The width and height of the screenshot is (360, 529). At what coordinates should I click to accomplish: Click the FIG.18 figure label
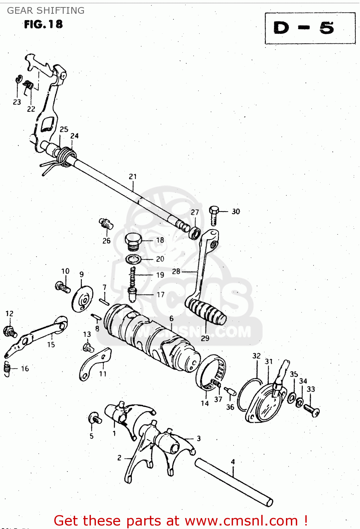43,24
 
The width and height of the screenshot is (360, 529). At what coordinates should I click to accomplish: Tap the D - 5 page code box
310,28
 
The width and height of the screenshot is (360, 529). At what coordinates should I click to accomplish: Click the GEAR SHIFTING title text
46,11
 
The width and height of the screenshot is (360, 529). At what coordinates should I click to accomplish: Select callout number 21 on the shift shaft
133,176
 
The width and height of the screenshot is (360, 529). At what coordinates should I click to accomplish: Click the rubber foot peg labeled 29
206,311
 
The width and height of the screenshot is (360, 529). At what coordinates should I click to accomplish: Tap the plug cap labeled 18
133,241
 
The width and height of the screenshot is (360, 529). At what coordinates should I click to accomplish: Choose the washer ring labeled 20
134,260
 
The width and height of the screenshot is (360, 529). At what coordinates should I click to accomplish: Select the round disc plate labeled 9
83,299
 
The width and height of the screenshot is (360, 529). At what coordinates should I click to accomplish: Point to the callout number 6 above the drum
171,318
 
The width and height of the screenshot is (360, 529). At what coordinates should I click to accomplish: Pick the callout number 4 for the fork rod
233,462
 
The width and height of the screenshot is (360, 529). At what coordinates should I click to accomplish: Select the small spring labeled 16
7,369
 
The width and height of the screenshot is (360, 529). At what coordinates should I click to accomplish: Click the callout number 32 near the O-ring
256,356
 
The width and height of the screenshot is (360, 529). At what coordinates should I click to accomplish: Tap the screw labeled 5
94,419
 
